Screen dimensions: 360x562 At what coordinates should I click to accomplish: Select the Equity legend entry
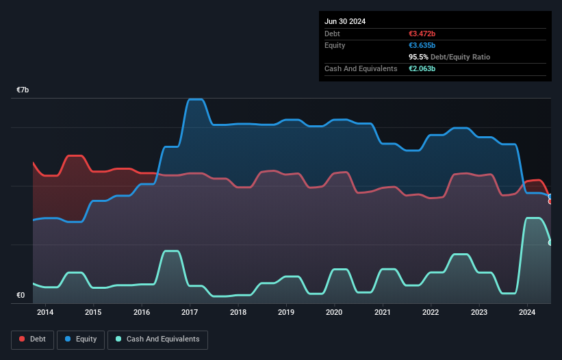(x=81, y=339)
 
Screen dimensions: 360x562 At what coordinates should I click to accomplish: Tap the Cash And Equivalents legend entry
(x=157, y=339)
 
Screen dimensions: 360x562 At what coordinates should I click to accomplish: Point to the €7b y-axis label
(x=23, y=90)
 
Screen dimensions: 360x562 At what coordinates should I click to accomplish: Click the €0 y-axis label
(x=21, y=296)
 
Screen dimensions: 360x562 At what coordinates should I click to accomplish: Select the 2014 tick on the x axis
(x=45, y=313)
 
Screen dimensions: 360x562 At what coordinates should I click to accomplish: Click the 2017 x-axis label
(x=190, y=313)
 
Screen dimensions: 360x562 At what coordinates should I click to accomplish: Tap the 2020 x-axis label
(x=334, y=313)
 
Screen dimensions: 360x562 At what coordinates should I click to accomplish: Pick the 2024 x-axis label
(x=527, y=313)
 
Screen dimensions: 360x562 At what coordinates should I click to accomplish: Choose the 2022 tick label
(x=431, y=313)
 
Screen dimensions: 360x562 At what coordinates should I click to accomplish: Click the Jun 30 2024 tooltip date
(x=345, y=21)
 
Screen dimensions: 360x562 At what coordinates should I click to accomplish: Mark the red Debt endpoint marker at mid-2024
(x=550, y=201)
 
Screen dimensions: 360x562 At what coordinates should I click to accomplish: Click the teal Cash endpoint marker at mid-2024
(x=550, y=242)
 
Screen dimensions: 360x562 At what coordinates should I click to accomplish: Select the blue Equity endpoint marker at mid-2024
(x=550, y=196)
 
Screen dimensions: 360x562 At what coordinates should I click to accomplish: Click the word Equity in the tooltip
(x=335, y=45)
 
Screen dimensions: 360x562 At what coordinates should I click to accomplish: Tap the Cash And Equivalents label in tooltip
(x=361, y=68)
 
